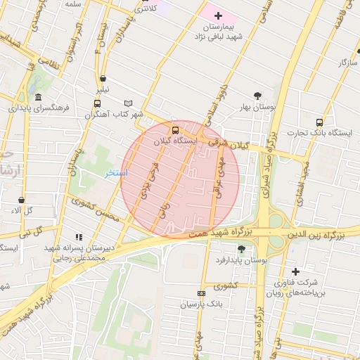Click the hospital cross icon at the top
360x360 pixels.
point(218,15)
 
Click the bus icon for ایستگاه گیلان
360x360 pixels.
point(175,130)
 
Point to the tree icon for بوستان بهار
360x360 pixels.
point(258,96)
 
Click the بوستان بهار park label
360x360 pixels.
point(257,107)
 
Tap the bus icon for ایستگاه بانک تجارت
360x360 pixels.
point(320,122)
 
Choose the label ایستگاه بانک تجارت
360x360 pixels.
point(320,133)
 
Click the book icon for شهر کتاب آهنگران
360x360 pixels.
point(128,103)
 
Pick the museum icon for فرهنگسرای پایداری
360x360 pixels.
point(38,98)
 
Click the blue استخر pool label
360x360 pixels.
point(117,172)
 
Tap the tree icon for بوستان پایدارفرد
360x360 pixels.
point(243,249)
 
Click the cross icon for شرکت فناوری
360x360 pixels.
point(295,271)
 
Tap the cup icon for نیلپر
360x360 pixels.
point(103,79)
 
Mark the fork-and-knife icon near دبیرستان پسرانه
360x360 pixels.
point(79,237)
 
